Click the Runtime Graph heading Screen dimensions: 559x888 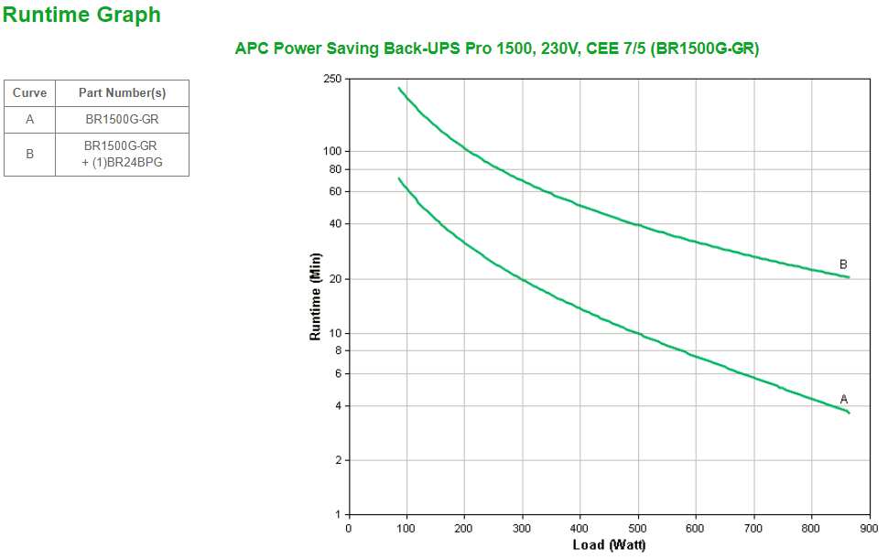[x=82, y=15]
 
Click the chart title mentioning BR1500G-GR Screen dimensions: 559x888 [x=497, y=49]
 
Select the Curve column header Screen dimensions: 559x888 [x=30, y=93]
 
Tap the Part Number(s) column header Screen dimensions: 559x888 [x=122, y=93]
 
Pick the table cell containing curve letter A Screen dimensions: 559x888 [x=30, y=120]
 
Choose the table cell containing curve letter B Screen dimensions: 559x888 [x=30, y=155]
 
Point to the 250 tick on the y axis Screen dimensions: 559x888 [x=332, y=80]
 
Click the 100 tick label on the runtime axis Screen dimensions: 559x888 [x=332, y=151]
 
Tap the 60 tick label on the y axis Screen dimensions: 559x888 [x=335, y=191]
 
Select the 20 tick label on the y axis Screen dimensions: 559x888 [x=335, y=279]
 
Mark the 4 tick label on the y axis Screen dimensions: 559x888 [x=338, y=406]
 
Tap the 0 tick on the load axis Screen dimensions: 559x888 [x=349, y=528]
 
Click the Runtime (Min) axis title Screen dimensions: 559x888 [x=316, y=296]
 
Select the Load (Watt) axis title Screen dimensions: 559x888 [x=609, y=545]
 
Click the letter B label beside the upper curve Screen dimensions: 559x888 [x=843, y=264]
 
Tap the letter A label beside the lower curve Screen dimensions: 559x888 [x=844, y=399]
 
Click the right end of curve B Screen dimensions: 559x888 [x=849, y=277]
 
